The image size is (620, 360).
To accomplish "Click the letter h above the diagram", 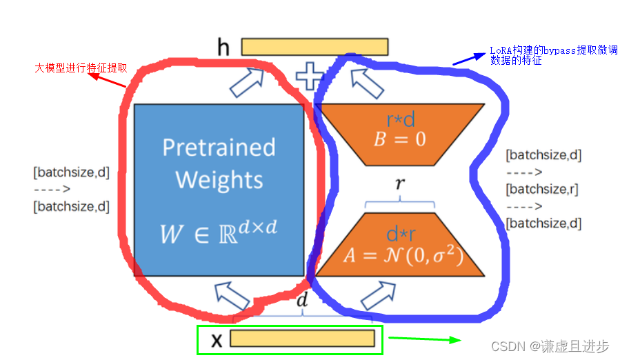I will tap(223, 47).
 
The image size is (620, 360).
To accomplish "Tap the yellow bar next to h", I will tap(314, 46).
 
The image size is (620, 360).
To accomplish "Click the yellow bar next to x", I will tap(302, 339).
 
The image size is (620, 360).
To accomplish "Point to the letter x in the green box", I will tap(216, 339).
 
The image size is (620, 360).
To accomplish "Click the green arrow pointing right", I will tap(424, 339).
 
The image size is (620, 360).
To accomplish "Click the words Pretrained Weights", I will tap(219, 163).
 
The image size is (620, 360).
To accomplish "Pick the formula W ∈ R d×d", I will tap(219, 232).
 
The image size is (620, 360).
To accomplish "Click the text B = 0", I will tap(400, 139).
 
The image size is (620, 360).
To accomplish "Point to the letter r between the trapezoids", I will tap(399, 184).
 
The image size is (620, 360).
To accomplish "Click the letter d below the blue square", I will tap(302, 300).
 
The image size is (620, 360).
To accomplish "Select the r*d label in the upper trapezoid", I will tap(400, 120).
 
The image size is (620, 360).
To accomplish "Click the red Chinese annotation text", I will tap(81, 68).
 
